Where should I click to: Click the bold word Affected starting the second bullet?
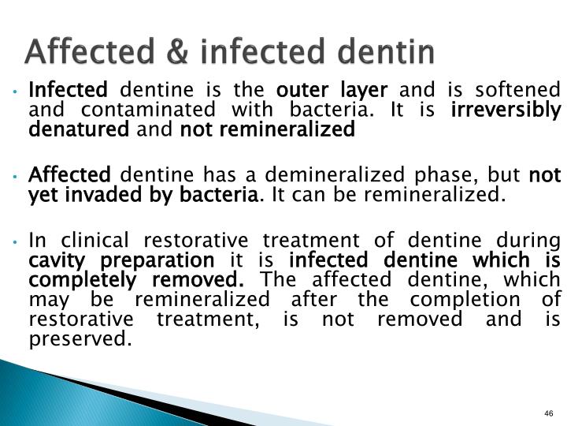tap(69, 174)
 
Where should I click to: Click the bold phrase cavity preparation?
tap(121, 260)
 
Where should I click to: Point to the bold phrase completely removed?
tap(136, 280)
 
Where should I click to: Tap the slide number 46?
tap(549, 415)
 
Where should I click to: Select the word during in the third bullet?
tap(534, 240)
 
